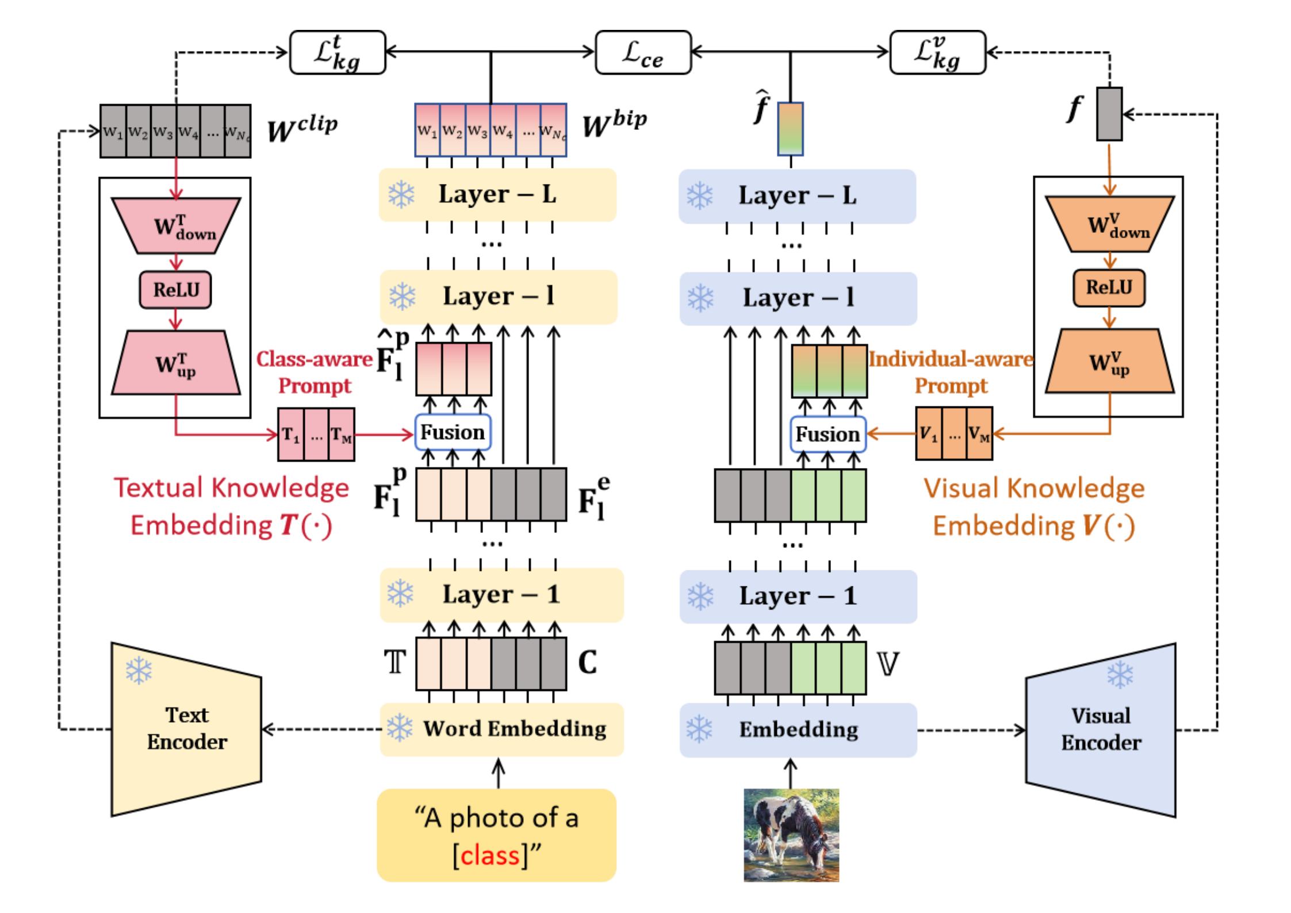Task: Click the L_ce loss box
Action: pyautogui.click(x=643, y=52)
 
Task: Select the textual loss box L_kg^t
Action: pyautogui.click(x=338, y=52)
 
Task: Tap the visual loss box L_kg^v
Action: pyautogui.click(x=937, y=52)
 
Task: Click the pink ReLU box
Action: pyautogui.click(x=175, y=290)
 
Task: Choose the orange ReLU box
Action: pyautogui.click(x=1109, y=287)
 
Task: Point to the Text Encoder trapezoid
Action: pyautogui.click(x=186, y=729)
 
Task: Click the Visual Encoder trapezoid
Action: pyautogui.click(x=1101, y=730)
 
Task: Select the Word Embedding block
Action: pyautogui.click(x=501, y=729)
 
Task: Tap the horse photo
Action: pyautogui.click(x=791, y=835)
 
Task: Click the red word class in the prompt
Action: pyautogui.click(x=490, y=856)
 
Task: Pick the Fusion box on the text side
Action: pyautogui.click(x=453, y=432)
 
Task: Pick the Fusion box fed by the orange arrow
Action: pyautogui.click(x=828, y=434)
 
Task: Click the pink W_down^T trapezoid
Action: pyautogui.click(x=176, y=226)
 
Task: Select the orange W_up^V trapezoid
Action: pyautogui.click(x=1109, y=362)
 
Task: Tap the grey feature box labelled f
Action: pyautogui.click(x=1109, y=114)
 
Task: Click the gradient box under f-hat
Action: pyautogui.click(x=790, y=129)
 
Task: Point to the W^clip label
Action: pyautogui.click(x=302, y=128)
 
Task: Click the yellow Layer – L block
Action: pyautogui.click(x=497, y=195)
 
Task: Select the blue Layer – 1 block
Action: pyautogui.click(x=798, y=596)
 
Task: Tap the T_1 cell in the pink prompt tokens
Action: pyautogui.click(x=291, y=435)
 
